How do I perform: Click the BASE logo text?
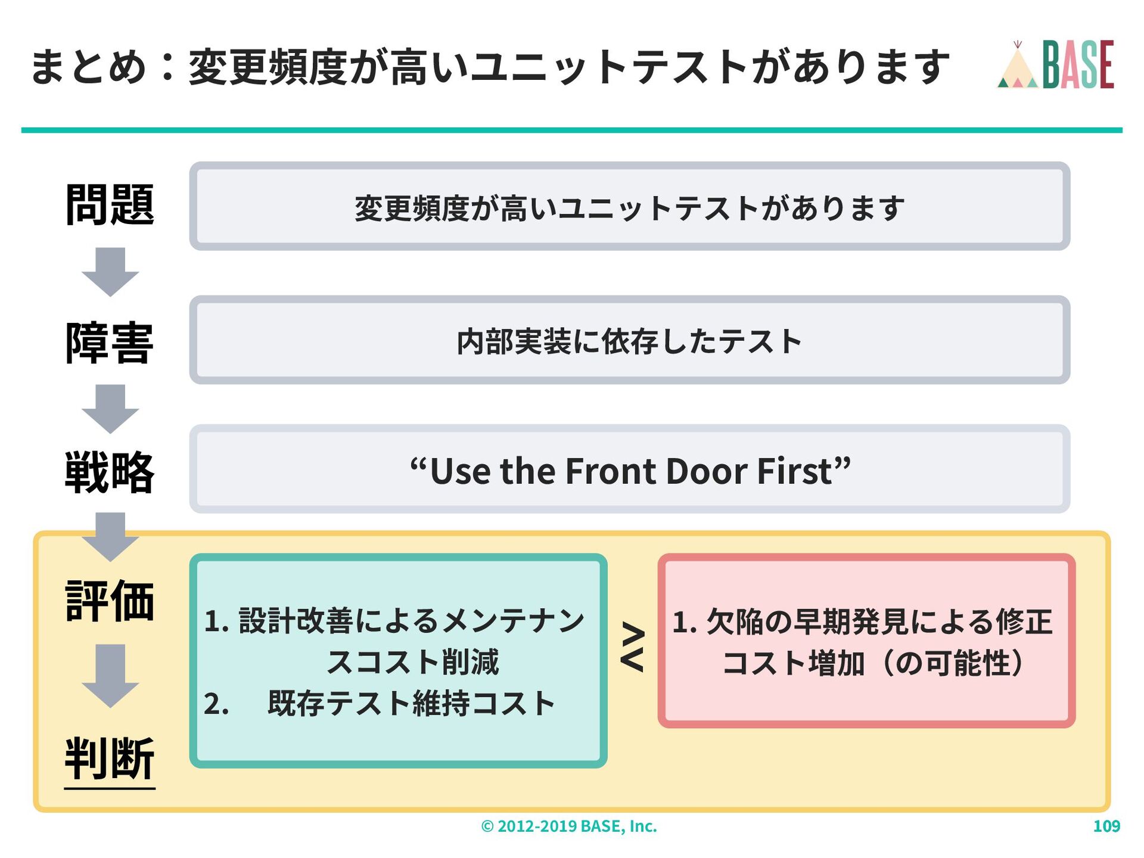(x=1078, y=64)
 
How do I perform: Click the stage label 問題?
(x=110, y=205)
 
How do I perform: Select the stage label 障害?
(x=110, y=343)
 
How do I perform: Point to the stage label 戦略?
(x=110, y=472)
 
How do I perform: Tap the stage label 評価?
(x=110, y=601)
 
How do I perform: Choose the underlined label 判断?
(x=110, y=758)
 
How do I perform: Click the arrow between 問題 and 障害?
(x=110, y=272)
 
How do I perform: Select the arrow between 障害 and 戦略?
(x=110, y=409)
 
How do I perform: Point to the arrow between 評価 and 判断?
(x=110, y=676)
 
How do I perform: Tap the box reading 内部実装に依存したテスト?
(x=629, y=341)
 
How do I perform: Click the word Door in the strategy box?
(x=707, y=471)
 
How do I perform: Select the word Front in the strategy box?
(x=610, y=471)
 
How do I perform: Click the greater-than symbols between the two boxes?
(x=633, y=647)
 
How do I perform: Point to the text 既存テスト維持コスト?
(x=411, y=704)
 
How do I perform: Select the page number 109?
(x=1106, y=826)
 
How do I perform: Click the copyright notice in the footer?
(x=569, y=826)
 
